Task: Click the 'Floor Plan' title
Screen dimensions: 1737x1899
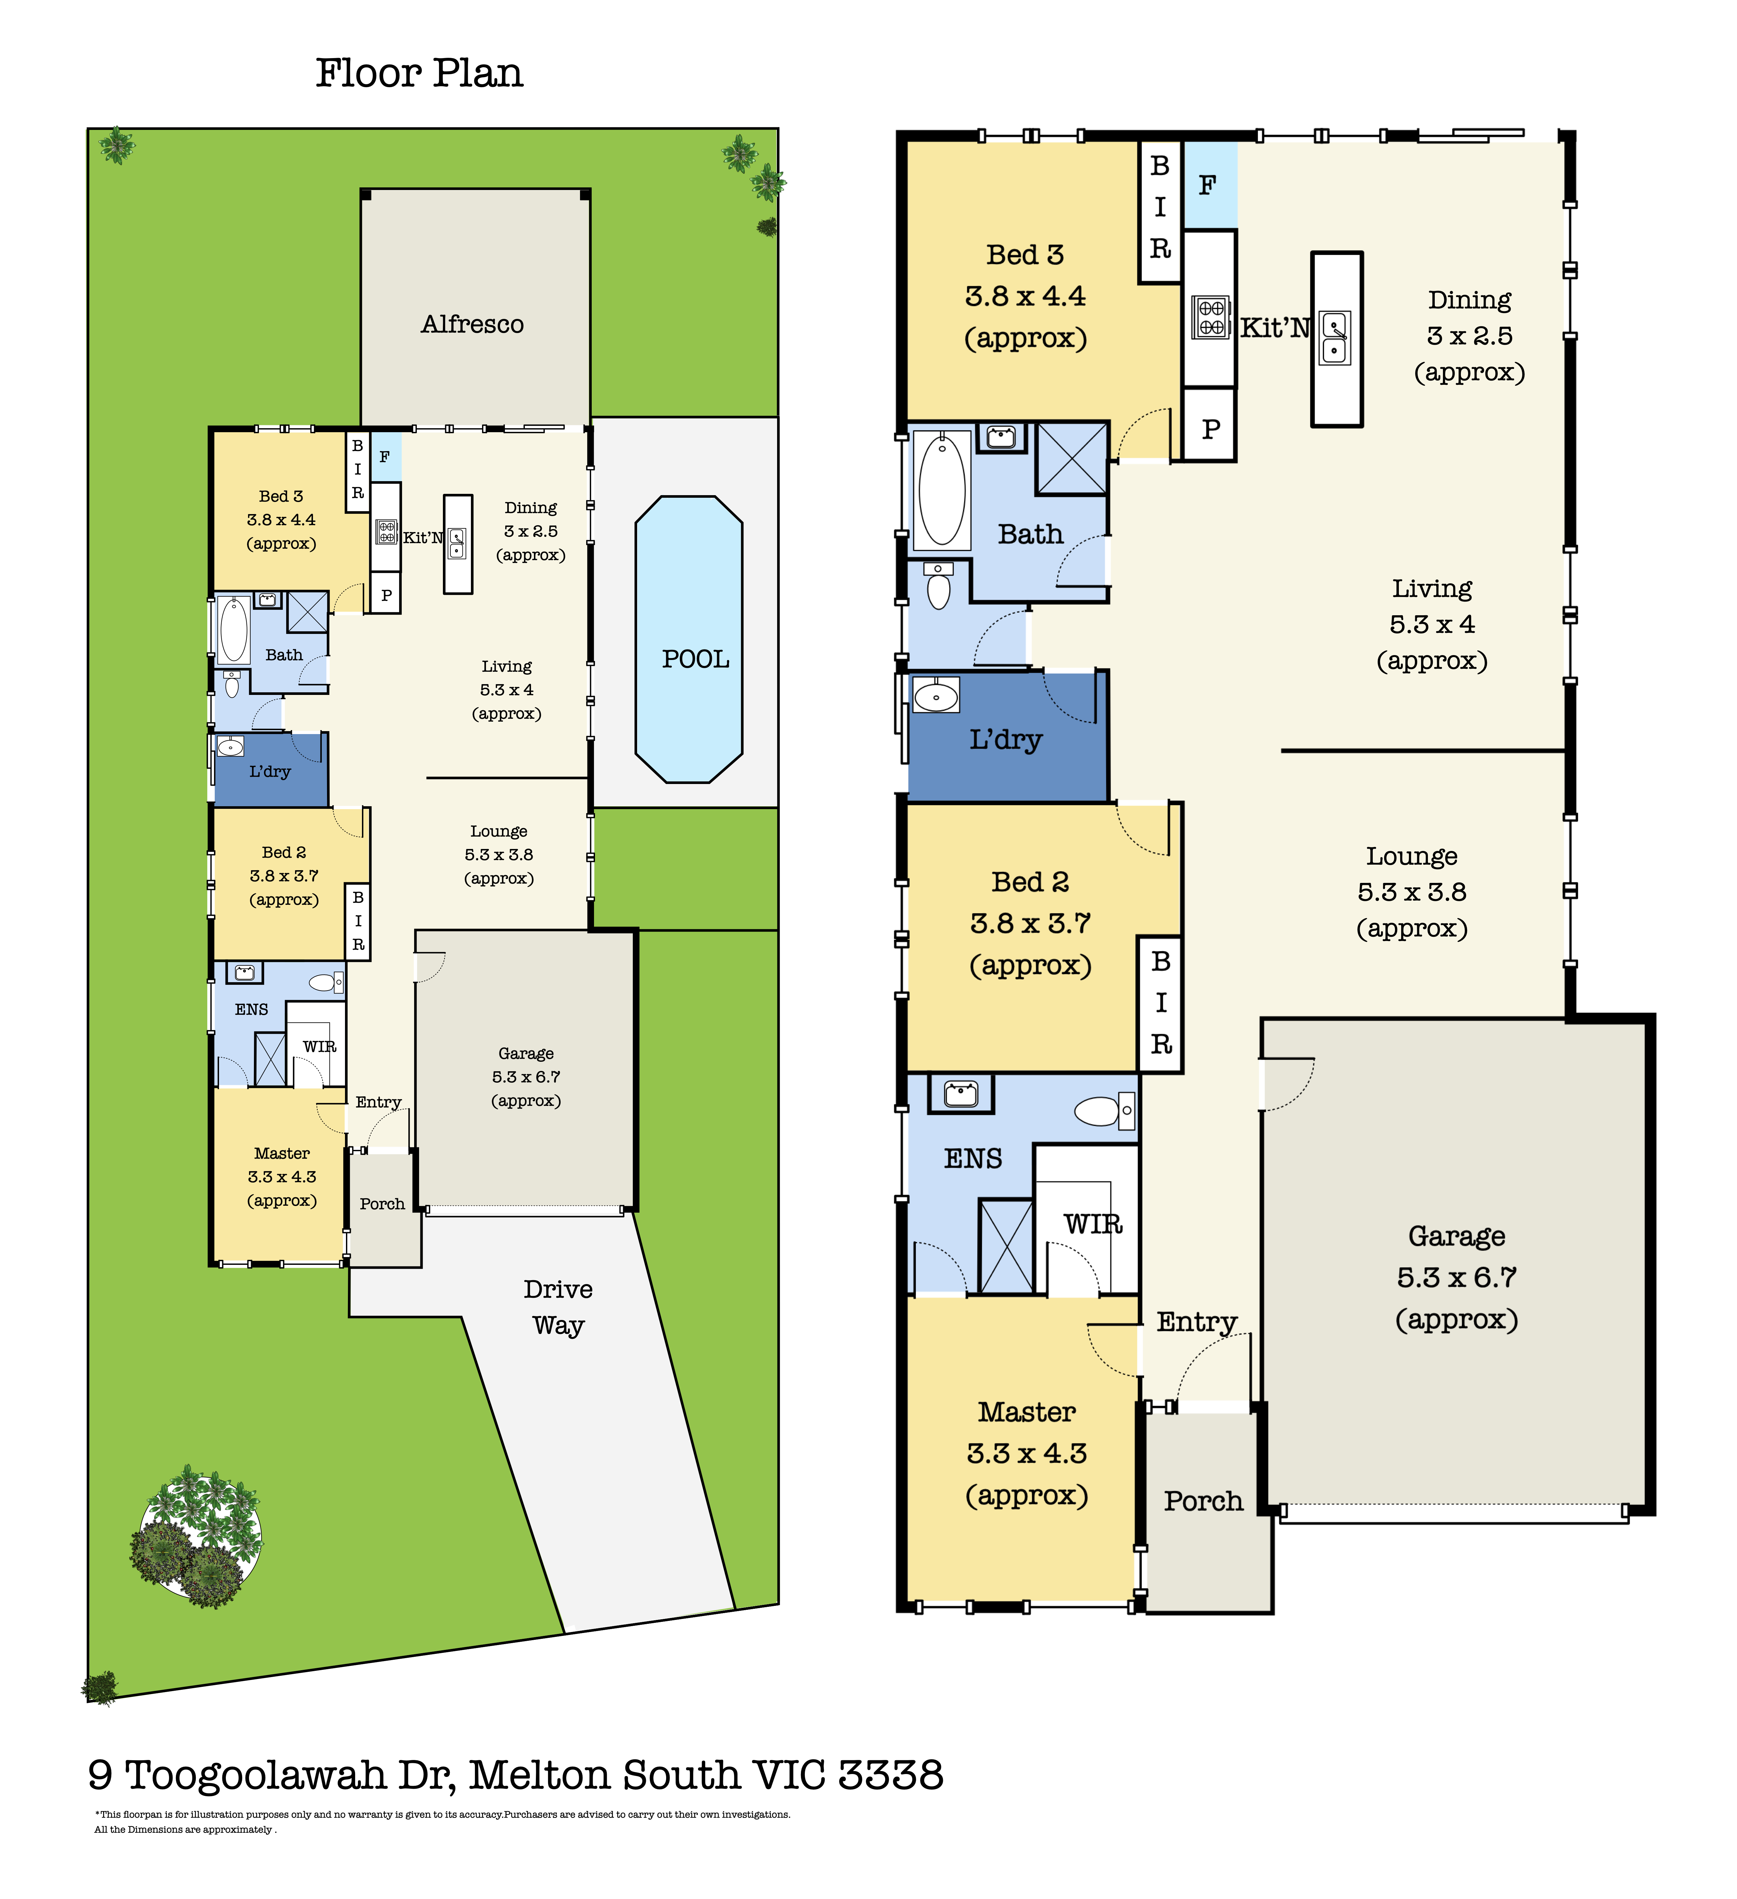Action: tap(419, 73)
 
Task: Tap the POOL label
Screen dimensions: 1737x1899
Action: tap(695, 659)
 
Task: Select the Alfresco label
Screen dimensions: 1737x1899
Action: tap(472, 324)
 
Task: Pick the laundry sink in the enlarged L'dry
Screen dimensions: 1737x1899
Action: tap(935, 696)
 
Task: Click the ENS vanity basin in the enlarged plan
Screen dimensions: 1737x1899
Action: tap(961, 1094)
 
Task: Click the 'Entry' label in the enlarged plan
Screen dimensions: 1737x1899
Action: tap(1196, 1323)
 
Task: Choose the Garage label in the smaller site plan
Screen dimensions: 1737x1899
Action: tap(525, 1053)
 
